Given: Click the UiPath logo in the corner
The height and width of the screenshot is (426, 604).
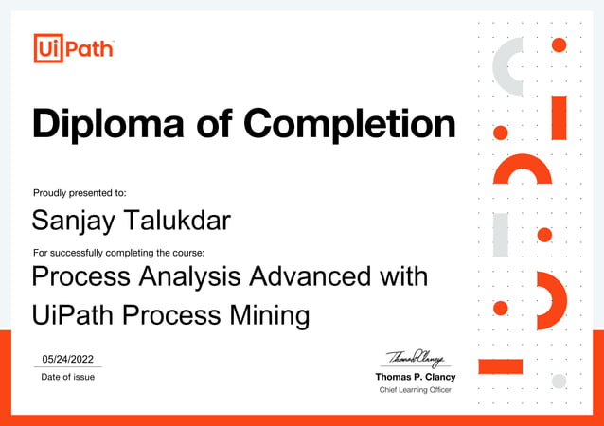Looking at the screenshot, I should point(73,47).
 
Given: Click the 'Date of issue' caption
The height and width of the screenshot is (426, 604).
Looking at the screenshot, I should point(67,377).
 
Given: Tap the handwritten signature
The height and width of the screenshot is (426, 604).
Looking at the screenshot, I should point(416,358).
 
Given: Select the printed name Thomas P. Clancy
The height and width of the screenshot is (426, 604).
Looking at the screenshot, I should point(416,377).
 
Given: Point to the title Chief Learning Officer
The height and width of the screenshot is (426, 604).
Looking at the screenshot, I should point(416,390).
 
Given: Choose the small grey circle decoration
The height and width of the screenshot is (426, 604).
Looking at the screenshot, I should point(559,381).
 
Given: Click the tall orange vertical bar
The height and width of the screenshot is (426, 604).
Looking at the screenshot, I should point(559,117).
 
